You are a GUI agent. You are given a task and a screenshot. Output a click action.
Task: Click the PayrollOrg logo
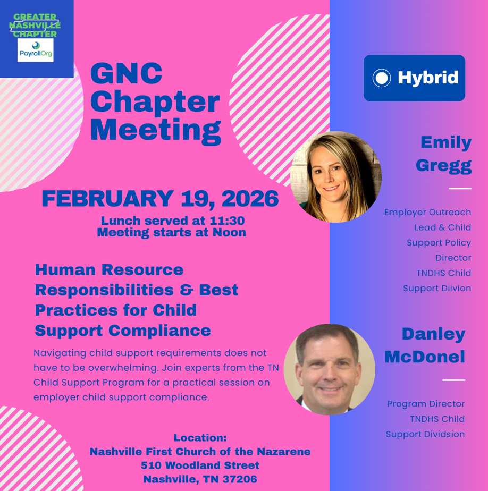pyautogui.click(x=35, y=50)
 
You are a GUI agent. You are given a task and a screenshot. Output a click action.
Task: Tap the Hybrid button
pyautogui.click(x=414, y=78)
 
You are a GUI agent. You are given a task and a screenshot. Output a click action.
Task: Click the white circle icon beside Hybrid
pyautogui.click(x=382, y=78)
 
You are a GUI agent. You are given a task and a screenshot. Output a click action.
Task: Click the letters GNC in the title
pyautogui.click(x=127, y=74)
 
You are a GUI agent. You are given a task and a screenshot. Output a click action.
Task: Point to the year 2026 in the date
pyautogui.click(x=250, y=199)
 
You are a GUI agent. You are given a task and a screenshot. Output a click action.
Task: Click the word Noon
pyautogui.click(x=230, y=233)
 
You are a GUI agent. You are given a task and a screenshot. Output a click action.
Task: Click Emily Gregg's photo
pyautogui.click(x=335, y=177)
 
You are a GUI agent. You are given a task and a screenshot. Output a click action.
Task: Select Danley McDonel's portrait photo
pyautogui.click(x=329, y=369)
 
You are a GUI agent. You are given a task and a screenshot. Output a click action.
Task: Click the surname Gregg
pyautogui.click(x=443, y=165)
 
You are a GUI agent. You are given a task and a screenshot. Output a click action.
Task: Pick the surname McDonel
pyautogui.click(x=424, y=357)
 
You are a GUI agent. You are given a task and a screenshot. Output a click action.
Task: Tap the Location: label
pyautogui.click(x=200, y=438)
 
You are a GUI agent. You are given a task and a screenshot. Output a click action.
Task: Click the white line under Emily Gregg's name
pyautogui.click(x=460, y=189)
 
